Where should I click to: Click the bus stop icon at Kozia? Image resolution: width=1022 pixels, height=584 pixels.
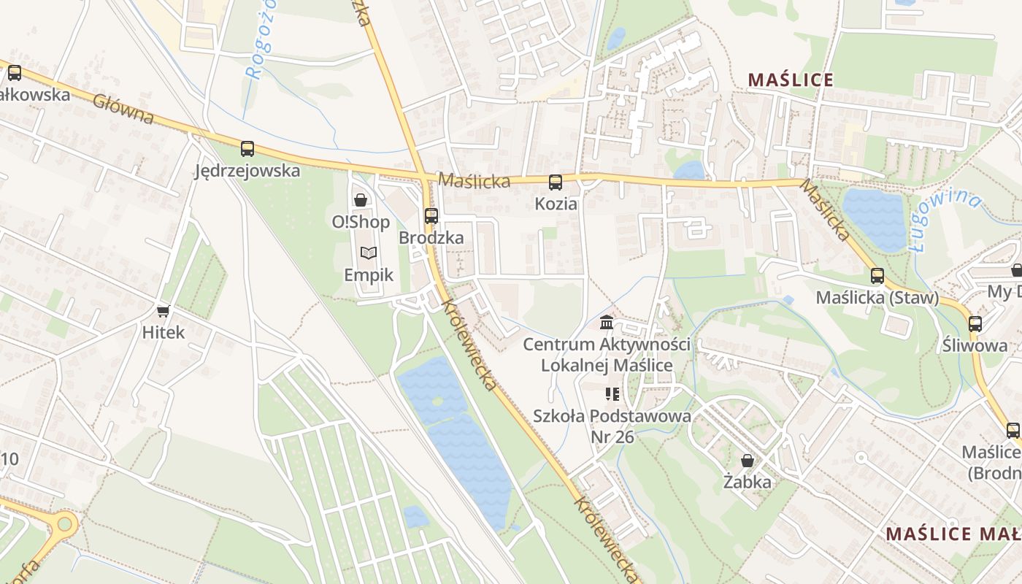click(x=556, y=182)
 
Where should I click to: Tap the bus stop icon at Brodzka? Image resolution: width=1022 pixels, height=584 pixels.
click(x=431, y=216)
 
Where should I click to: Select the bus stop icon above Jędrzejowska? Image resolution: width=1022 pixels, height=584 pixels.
click(x=247, y=149)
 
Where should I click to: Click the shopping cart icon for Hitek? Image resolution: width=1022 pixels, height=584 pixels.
click(x=164, y=311)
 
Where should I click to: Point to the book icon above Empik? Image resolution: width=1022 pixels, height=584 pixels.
click(x=369, y=253)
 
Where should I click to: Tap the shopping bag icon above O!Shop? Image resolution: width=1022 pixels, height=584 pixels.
click(x=360, y=199)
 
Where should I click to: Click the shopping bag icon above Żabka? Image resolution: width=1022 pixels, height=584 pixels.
click(x=748, y=461)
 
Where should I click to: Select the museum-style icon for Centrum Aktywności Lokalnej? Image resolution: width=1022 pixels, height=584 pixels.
click(x=607, y=322)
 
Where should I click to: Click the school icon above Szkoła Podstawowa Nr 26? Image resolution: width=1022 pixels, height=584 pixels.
click(x=612, y=394)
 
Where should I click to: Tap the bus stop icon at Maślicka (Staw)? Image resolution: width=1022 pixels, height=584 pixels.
click(x=877, y=276)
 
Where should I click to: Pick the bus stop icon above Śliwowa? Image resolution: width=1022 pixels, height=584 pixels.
click(x=975, y=323)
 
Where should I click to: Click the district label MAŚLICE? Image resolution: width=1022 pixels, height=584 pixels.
click(x=791, y=80)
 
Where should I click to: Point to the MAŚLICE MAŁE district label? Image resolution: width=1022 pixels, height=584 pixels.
click(x=953, y=534)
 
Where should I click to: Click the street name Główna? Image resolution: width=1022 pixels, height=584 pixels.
click(x=123, y=108)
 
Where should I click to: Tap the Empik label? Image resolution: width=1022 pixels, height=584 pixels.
click(x=369, y=275)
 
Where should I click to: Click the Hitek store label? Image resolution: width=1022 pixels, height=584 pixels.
click(x=164, y=333)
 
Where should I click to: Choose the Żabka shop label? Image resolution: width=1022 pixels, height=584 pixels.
click(x=748, y=482)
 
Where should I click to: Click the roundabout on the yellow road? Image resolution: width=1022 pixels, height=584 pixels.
click(x=64, y=523)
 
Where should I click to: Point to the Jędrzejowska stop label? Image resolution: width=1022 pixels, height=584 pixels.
click(x=247, y=171)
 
